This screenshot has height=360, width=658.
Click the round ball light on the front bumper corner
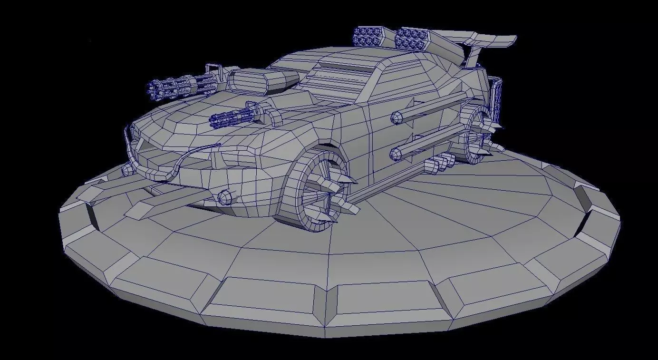pyautogui.click(x=225, y=196)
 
